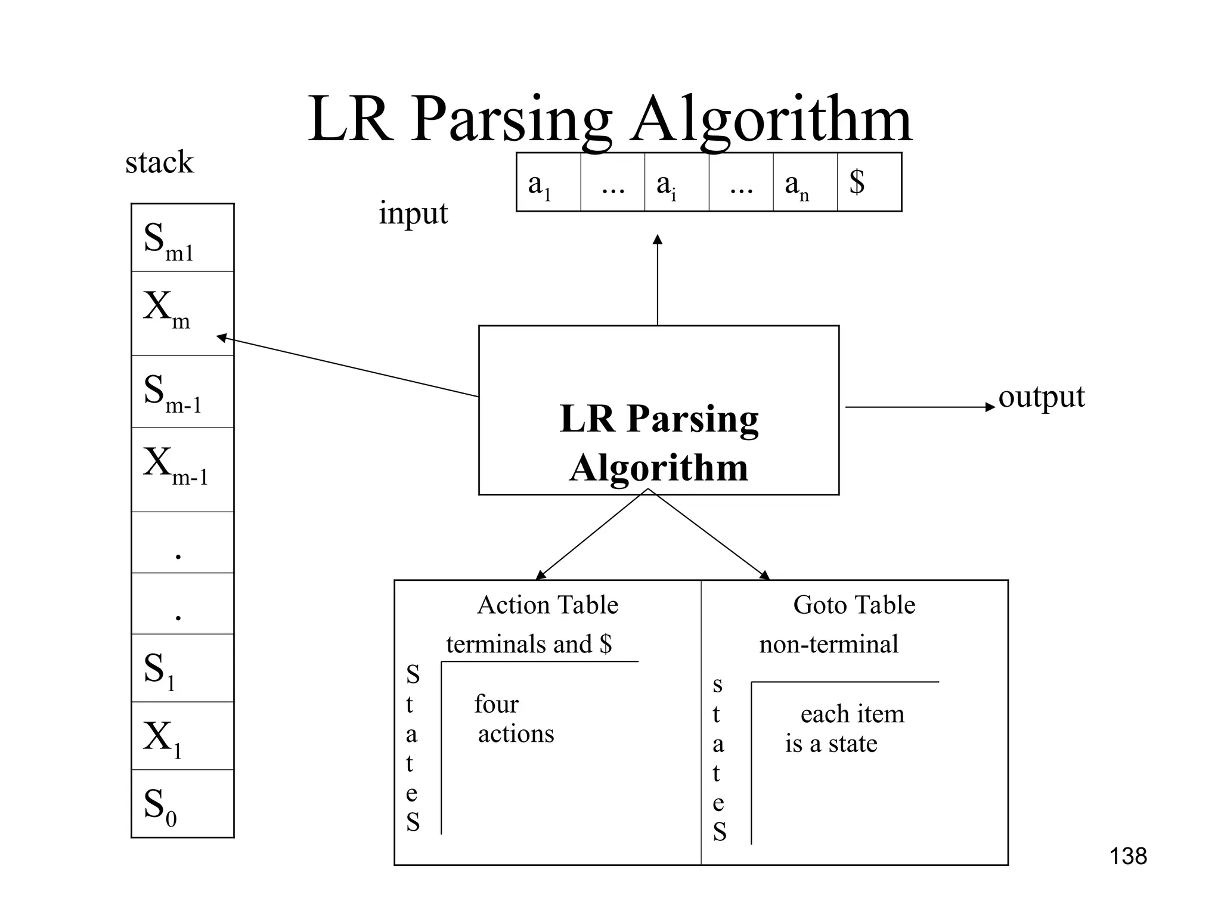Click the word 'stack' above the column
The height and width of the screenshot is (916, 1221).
pyautogui.click(x=159, y=162)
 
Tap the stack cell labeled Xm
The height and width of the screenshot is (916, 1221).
pyautogui.click(x=182, y=312)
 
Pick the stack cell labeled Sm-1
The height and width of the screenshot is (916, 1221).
pyautogui.click(x=182, y=392)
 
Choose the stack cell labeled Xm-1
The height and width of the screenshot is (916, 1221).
pyautogui.click(x=182, y=469)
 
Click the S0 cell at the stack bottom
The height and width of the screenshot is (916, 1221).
pyautogui.click(x=182, y=804)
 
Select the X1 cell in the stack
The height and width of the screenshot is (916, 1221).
pyautogui.click(x=182, y=736)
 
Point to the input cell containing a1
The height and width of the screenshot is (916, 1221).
pyautogui.click(x=548, y=182)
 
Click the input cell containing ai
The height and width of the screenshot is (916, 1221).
pyautogui.click(x=676, y=182)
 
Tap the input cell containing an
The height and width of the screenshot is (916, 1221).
pyautogui.click(x=805, y=182)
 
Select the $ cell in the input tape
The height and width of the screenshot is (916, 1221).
pyautogui.click(x=869, y=182)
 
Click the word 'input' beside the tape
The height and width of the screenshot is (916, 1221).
pyautogui.click(x=413, y=213)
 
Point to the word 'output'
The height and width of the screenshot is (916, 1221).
pyautogui.click(x=1041, y=397)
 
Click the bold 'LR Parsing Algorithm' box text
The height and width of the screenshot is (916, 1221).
pyautogui.click(x=659, y=442)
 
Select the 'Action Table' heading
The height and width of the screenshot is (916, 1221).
pyautogui.click(x=547, y=605)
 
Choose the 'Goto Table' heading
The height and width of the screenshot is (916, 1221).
pyautogui.click(x=854, y=605)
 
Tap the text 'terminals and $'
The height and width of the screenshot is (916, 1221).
pyautogui.click(x=529, y=644)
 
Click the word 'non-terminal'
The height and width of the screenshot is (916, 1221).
pyautogui.click(x=828, y=644)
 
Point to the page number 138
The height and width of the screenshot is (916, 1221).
pyautogui.click(x=1127, y=856)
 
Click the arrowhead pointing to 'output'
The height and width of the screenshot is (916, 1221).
pyautogui.click(x=991, y=407)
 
